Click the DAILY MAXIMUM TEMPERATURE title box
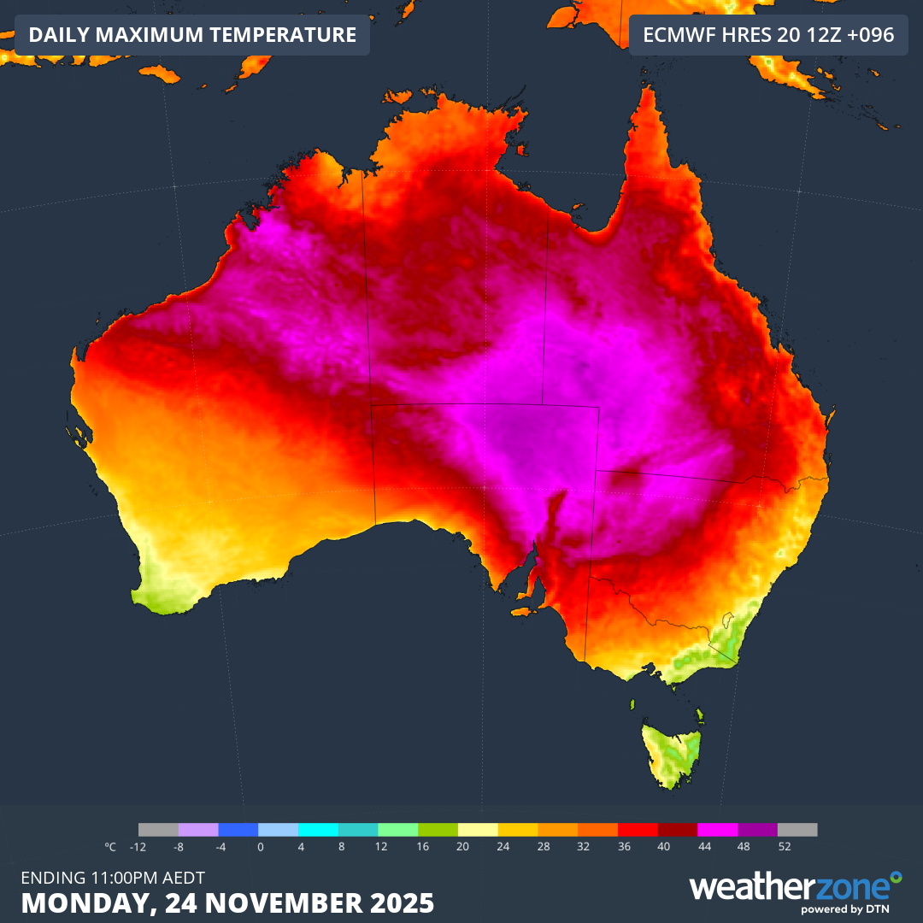tap(192, 35)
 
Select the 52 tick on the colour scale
tap(785, 847)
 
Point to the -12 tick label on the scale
tap(138, 847)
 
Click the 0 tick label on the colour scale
tap(260, 847)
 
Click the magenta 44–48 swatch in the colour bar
tap(718, 830)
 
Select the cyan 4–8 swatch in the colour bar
tap(318, 830)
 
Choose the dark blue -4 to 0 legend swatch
tap(238, 830)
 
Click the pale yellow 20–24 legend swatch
tap(478, 830)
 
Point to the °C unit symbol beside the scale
tap(110, 847)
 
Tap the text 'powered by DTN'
tap(843, 909)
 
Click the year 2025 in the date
tap(400, 902)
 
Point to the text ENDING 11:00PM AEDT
tap(112, 877)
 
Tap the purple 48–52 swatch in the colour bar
tap(757, 830)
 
